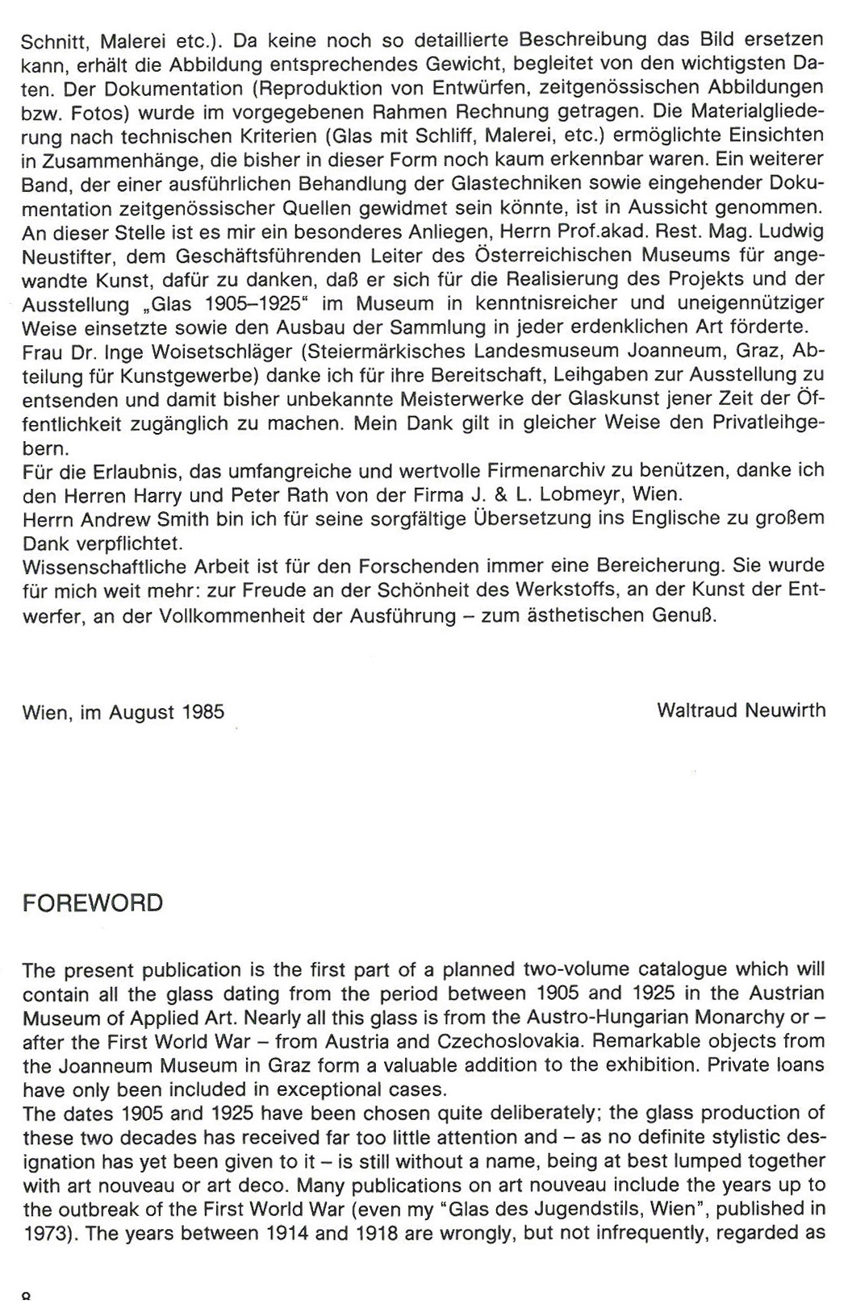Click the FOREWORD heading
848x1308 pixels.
click(93, 903)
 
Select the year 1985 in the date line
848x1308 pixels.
click(203, 712)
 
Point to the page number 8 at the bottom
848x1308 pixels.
click(27, 1298)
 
